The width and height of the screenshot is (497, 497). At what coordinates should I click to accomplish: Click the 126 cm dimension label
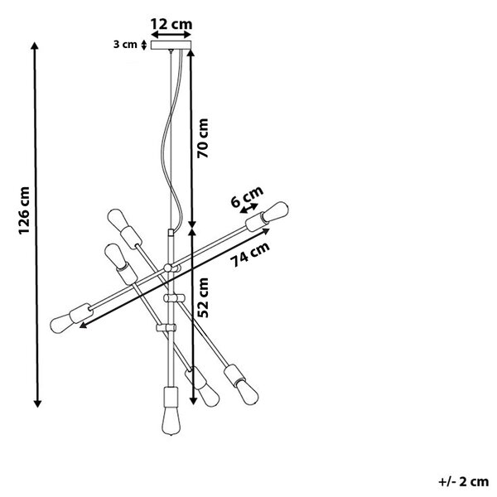(24, 210)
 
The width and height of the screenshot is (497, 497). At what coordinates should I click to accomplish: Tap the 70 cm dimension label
(203, 138)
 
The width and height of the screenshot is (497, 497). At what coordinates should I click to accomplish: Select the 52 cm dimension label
(203, 297)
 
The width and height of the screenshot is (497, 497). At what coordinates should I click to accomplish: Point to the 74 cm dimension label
(250, 254)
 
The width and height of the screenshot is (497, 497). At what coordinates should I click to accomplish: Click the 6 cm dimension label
(247, 196)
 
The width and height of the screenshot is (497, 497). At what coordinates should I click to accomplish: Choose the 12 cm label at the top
(171, 24)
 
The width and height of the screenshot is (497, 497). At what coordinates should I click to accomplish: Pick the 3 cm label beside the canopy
(125, 45)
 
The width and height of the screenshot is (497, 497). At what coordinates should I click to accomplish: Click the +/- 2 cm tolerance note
(463, 482)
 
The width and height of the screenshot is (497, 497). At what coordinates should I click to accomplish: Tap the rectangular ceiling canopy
(171, 45)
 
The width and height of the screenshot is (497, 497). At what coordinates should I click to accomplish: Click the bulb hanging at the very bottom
(171, 420)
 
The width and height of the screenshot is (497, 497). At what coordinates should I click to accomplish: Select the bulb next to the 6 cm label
(275, 211)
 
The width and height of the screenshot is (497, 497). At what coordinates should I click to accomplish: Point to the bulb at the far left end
(61, 323)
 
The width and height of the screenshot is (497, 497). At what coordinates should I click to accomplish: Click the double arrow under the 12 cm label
(171, 34)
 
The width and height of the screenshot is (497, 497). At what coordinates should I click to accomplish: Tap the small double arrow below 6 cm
(248, 208)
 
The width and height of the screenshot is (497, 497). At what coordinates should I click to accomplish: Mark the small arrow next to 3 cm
(144, 45)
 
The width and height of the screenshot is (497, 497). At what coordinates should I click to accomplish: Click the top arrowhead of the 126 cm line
(35, 45)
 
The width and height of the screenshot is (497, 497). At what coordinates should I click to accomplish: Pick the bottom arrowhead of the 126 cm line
(37, 403)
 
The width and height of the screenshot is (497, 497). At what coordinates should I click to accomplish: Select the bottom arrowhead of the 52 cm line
(193, 401)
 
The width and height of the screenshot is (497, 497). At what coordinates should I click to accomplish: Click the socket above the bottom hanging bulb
(171, 396)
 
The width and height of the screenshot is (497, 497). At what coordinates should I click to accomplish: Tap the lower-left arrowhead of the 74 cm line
(83, 325)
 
